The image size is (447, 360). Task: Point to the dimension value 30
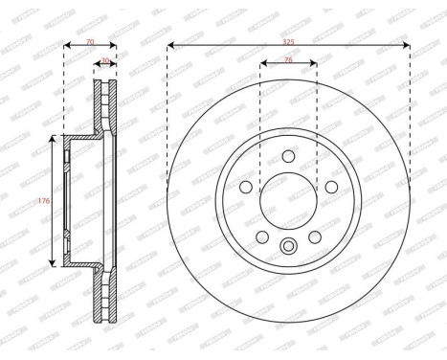click(x=105, y=59)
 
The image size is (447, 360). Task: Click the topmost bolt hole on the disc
click(x=289, y=159)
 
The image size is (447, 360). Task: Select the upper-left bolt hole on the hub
click(x=246, y=186)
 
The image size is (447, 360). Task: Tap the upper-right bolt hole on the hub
click(x=331, y=186)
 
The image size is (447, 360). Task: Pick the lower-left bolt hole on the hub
click(x=261, y=236)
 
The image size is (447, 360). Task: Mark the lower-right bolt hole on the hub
click(x=317, y=236)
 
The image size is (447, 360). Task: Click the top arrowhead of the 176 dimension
click(x=51, y=140)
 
